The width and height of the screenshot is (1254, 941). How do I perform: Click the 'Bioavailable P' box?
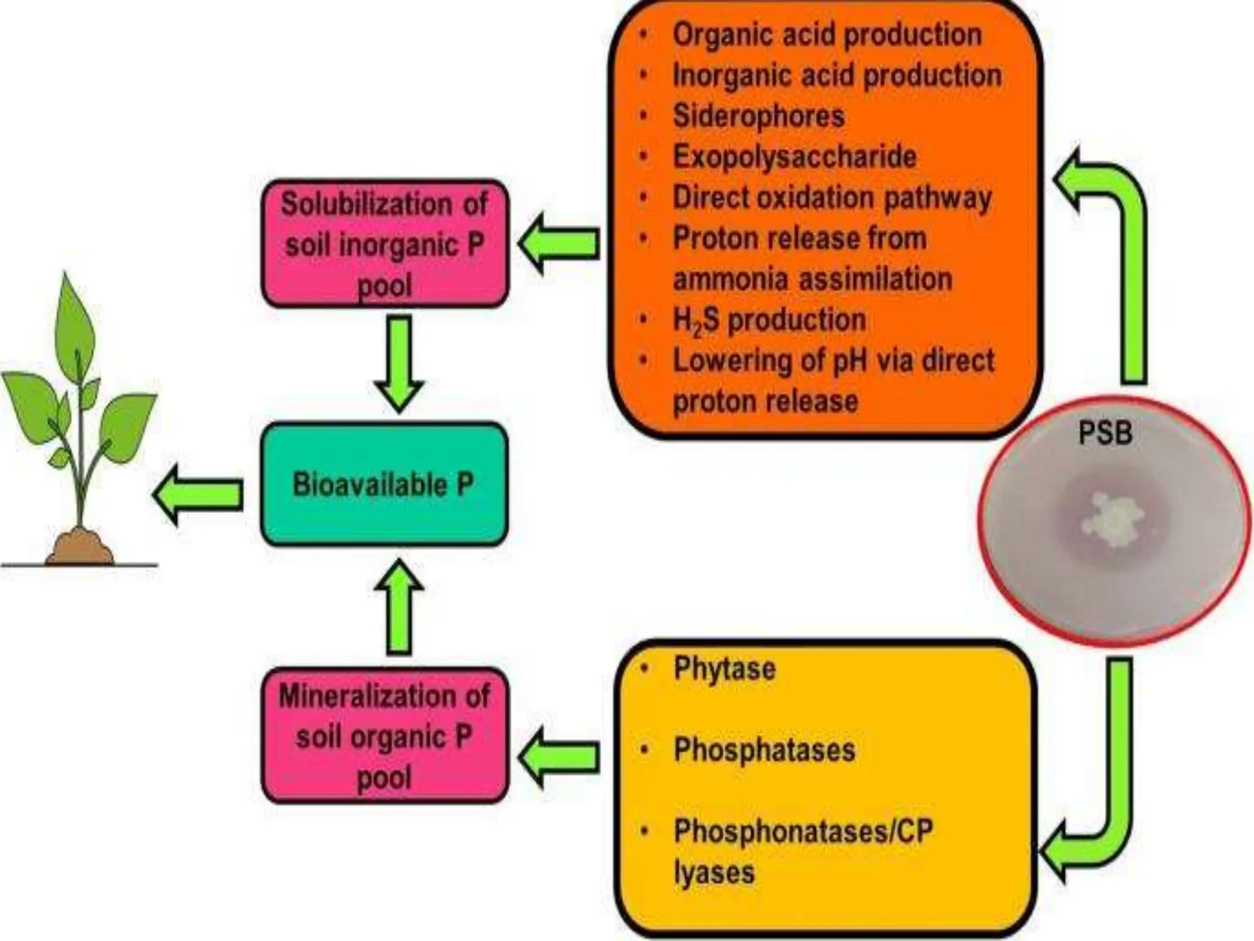pyautogui.click(x=384, y=484)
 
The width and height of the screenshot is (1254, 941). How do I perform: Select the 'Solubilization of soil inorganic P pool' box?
pyautogui.click(x=385, y=244)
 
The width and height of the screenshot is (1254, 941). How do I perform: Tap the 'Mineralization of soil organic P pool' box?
pyautogui.click(x=385, y=736)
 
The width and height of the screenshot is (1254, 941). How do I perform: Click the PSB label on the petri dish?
pyautogui.click(x=1105, y=434)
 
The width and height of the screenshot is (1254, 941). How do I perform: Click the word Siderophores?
pyautogui.click(x=759, y=116)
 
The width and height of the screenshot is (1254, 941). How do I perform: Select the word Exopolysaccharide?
pyautogui.click(x=795, y=156)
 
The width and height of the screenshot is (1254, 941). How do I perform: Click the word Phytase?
pyautogui.click(x=724, y=668)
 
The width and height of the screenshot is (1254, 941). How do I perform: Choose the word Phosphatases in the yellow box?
pyautogui.click(x=764, y=749)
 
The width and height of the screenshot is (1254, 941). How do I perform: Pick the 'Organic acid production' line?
pyautogui.click(x=827, y=34)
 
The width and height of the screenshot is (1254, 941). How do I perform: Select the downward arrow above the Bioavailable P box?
pyautogui.click(x=399, y=365)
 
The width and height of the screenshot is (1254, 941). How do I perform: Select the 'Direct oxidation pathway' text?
pyautogui.click(x=832, y=198)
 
